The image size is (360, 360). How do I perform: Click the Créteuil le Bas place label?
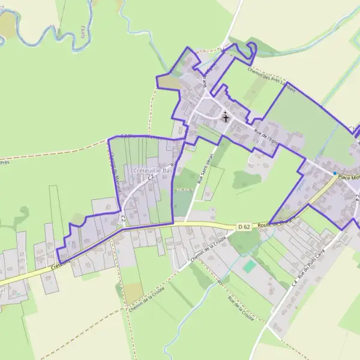152,171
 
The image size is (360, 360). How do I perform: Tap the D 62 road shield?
243,227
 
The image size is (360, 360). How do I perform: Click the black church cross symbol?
226,117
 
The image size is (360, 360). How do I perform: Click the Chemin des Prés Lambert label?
271,79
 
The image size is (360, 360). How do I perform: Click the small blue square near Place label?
335,173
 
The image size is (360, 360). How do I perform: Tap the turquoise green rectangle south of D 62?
249,265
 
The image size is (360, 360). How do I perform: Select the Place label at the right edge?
347,177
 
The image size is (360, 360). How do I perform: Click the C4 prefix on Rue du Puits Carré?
295,279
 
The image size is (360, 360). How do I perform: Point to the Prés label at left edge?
5,162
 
